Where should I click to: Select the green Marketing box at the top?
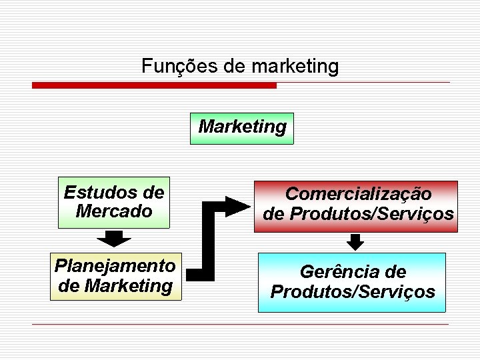point(242,128)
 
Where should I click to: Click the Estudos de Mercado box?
point(113,203)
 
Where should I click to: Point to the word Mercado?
point(114,211)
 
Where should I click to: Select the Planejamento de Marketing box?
point(115,276)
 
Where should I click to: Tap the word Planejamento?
point(115,266)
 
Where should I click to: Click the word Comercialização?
point(358,194)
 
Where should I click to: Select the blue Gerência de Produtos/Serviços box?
point(352,282)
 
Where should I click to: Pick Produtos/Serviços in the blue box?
point(353,292)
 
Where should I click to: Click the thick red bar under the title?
point(154,85)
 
